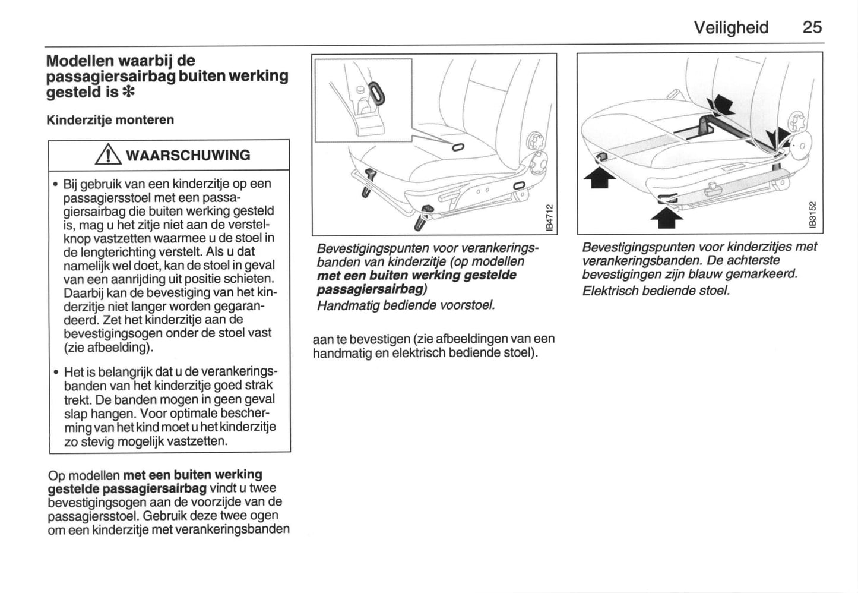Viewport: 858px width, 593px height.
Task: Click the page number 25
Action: point(812,27)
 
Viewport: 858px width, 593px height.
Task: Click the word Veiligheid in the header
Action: point(731,27)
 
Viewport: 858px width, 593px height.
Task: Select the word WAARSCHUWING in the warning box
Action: point(188,156)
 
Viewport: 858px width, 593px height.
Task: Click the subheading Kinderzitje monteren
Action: point(110,120)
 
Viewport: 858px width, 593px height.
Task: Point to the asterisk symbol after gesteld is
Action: point(128,92)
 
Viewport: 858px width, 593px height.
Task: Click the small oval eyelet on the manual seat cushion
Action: point(458,147)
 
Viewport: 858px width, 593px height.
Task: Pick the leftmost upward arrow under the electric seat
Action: point(600,176)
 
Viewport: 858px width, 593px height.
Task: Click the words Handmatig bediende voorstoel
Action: point(406,305)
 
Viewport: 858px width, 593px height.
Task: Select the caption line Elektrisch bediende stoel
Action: point(656,291)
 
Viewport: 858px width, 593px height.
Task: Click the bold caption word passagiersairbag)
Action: point(372,289)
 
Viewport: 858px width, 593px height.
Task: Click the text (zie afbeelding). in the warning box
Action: point(109,347)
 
